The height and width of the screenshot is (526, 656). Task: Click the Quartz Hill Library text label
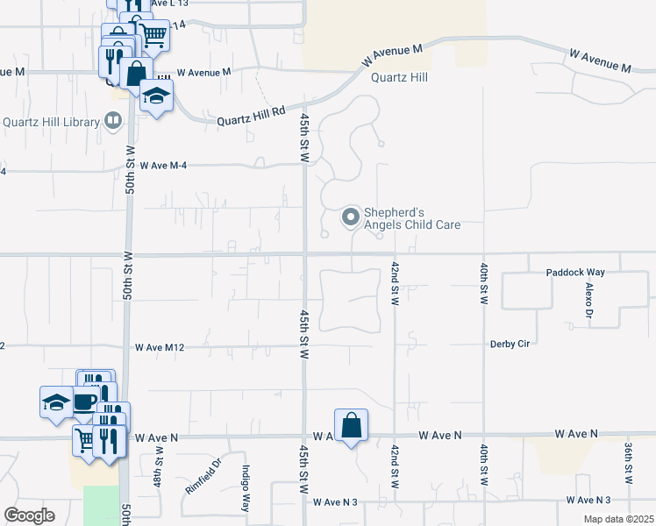tap(50, 122)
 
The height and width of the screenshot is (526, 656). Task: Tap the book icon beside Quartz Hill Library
tap(113, 121)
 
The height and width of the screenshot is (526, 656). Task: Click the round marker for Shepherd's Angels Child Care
tap(351, 217)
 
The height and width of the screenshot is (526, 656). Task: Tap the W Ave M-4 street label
tap(162, 165)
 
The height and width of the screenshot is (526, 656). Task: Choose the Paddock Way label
tap(574, 273)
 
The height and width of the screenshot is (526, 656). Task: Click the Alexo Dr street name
tap(588, 300)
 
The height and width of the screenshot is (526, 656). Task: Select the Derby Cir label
tap(510, 344)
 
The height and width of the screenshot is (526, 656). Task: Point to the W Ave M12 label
tap(159, 347)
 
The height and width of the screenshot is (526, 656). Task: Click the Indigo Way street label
tap(246, 487)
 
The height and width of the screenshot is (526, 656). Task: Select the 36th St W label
tap(629, 463)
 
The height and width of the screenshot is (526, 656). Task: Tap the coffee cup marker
tap(85, 402)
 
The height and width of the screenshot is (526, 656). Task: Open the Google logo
tap(29, 515)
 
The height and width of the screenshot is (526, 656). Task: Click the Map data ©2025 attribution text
tap(617, 519)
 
